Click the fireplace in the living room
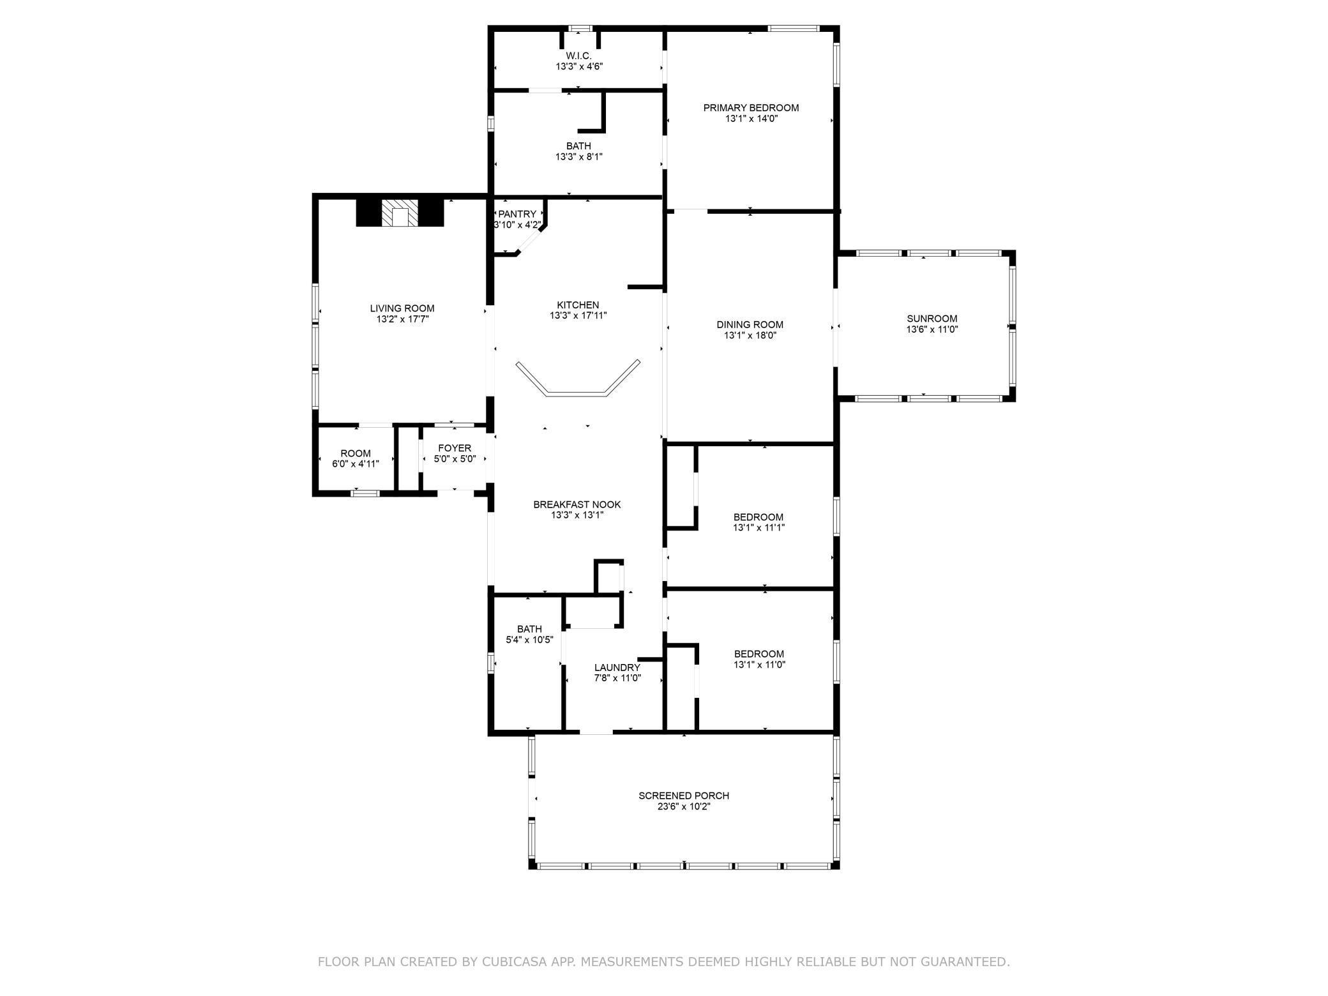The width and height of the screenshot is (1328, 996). click(x=399, y=213)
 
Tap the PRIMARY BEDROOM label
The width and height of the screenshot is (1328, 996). click(x=751, y=108)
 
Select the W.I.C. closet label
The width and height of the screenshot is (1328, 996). click(x=578, y=56)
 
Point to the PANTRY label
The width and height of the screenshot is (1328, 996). click(x=518, y=214)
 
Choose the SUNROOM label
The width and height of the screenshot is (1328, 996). click(x=932, y=319)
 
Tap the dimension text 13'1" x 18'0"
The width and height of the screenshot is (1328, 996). click(x=750, y=335)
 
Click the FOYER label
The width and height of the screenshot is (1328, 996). click(x=455, y=448)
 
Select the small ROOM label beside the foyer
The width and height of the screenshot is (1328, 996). click(x=356, y=453)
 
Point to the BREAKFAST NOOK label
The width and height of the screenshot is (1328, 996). click(x=577, y=504)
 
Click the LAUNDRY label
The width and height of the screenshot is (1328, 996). click(x=617, y=667)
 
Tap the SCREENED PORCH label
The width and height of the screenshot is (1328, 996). click(x=684, y=796)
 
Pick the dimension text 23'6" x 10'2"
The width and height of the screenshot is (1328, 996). click(x=684, y=806)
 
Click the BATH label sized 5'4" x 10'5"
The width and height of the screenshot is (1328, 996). click(x=529, y=629)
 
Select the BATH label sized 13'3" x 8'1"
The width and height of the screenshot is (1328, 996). click(x=578, y=146)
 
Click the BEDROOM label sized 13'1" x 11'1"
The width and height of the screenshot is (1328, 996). click(x=758, y=517)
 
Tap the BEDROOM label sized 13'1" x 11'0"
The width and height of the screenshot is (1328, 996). click(x=759, y=654)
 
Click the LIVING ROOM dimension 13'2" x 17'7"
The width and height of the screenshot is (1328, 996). click(x=402, y=319)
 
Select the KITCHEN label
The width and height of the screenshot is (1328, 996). click(x=578, y=305)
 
